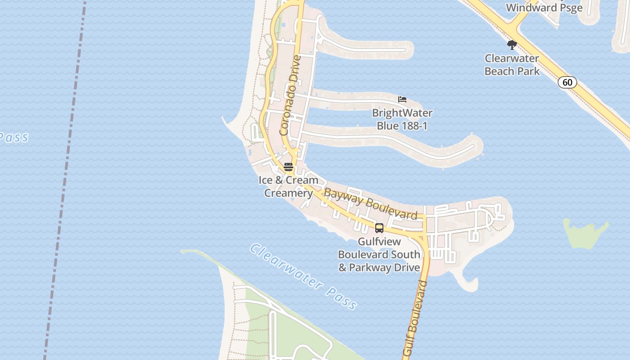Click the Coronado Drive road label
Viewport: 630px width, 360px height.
(x=290, y=95)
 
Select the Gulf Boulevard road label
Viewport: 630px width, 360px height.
(x=415, y=319)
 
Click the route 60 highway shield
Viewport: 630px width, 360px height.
(x=567, y=82)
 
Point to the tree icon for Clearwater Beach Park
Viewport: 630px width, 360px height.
(x=512, y=45)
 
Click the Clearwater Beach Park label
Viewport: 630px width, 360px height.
(x=512, y=65)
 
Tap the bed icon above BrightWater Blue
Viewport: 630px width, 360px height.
(x=402, y=99)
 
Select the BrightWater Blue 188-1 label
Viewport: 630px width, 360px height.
(x=402, y=119)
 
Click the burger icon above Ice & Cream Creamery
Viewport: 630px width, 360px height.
(x=288, y=167)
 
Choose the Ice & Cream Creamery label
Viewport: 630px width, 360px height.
(x=288, y=187)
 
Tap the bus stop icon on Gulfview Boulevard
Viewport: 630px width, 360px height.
(x=379, y=228)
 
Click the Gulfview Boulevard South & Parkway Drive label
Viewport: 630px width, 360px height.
(x=379, y=255)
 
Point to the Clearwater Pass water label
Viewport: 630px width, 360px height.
(x=304, y=276)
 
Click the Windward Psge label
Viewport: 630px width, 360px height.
(x=544, y=8)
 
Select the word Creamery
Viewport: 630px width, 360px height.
(x=288, y=193)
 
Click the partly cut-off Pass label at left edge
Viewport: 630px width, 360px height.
(x=13, y=137)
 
